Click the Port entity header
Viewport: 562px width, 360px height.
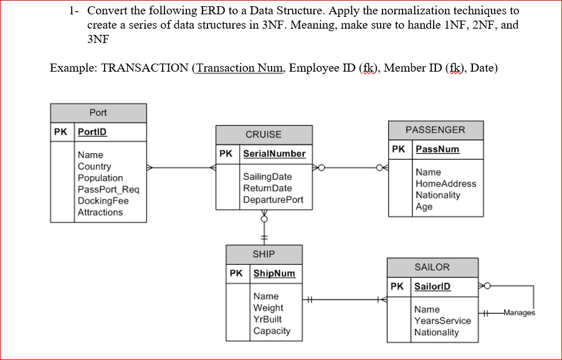coord(98,113)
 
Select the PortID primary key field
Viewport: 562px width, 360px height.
coord(92,132)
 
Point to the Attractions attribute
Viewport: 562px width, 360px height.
coord(100,212)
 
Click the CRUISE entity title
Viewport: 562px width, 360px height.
coord(264,135)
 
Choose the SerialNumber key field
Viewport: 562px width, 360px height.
coord(274,153)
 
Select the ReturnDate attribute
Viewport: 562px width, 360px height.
coord(267,188)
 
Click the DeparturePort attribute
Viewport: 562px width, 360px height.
coord(273,199)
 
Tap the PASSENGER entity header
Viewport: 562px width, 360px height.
coord(435,130)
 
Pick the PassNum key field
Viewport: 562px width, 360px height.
coord(437,149)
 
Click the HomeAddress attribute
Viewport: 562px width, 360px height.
coord(445,184)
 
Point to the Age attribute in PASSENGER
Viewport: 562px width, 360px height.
coord(424,207)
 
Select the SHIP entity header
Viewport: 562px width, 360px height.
coord(264,254)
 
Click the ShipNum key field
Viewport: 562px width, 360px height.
coord(274,273)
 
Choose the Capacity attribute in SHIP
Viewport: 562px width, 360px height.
coord(272,331)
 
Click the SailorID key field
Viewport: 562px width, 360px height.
coord(432,287)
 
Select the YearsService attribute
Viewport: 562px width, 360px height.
coord(442,321)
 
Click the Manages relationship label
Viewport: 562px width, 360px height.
coord(519,313)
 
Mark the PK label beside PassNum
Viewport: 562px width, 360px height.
coord(399,149)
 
